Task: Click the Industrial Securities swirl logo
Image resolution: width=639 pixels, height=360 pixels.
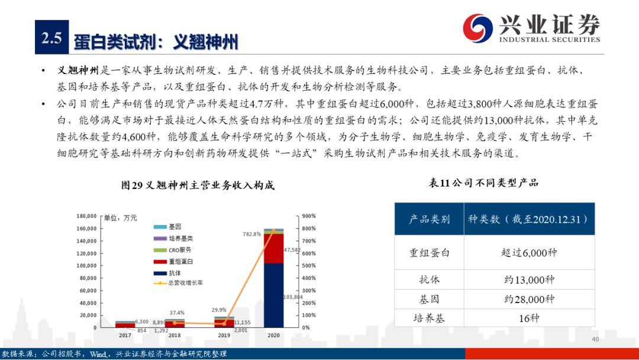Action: coord(477,28)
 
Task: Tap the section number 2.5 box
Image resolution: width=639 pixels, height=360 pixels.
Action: coord(51,37)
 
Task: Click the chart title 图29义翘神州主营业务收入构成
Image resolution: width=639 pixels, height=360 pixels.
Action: coord(198,185)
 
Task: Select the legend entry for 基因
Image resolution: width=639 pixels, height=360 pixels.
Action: coord(167,227)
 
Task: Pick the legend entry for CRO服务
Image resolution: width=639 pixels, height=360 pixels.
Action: coord(172,250)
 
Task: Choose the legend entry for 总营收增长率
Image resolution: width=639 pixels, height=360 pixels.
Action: coord(178,283)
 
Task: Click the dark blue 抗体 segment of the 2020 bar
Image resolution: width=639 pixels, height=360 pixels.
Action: coord(273,295)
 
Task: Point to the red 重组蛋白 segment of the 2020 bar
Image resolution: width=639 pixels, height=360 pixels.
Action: coord(273,249)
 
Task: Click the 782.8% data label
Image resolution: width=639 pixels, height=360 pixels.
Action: coord(251,234)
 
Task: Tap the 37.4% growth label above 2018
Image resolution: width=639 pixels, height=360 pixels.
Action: coord(177,313)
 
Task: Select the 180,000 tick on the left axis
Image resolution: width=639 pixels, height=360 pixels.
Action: coord(86,216)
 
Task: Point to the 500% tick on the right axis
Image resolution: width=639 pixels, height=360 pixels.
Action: coord(309,266)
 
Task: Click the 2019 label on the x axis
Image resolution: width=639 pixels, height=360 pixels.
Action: coord(224,336)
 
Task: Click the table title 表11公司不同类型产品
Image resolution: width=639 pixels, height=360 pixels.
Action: coord(483,183)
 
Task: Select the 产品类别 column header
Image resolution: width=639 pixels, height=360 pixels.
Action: coord(429,219)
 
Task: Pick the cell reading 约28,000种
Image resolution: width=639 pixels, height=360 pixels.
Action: coord(529,299)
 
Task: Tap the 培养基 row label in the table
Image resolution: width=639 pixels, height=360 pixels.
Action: coord(429,318)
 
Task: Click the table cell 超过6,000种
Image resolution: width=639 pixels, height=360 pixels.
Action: coord(529,253)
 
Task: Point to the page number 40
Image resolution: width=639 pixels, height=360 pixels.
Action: coord(595,339)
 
